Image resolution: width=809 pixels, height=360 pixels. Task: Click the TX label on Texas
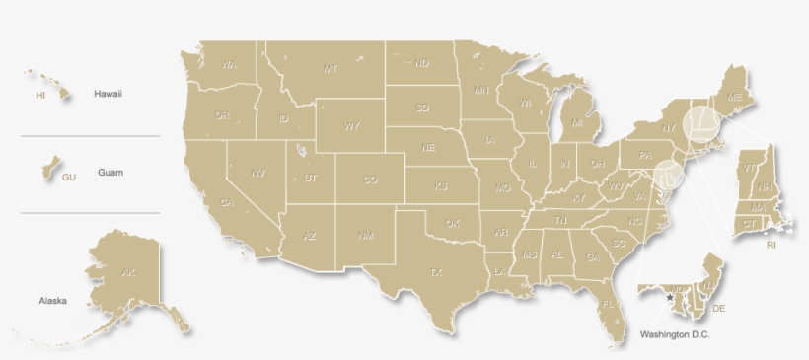[435, 271]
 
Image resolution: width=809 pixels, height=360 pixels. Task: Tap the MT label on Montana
[331, 69]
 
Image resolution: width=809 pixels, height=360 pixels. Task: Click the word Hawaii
[108, 94]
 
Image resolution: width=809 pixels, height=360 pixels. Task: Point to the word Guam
[110, 173]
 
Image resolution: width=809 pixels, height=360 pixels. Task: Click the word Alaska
[52, 301]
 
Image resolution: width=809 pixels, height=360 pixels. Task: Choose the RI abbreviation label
[771, 244]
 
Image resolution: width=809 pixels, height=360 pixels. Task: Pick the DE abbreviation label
[718, 309]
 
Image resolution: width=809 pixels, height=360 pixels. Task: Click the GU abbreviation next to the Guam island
[68, 178]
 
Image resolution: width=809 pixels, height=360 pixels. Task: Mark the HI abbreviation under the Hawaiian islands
[40, 96]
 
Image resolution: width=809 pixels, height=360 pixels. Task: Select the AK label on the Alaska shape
[127, 271]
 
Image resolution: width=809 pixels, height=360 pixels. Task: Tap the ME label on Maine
[734, 98]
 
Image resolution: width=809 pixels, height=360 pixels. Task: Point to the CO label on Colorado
[370, 180]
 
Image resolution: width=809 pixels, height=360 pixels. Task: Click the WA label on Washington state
[229, 65]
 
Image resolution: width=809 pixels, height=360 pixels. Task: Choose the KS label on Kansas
[441, 185]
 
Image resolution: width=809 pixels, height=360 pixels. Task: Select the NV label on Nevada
[257, 173]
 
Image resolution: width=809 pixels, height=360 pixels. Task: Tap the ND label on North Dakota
[422, 64]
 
